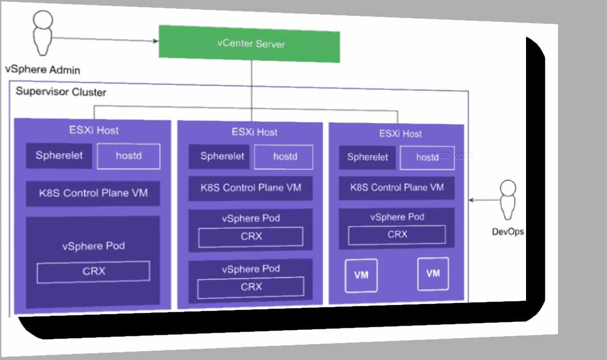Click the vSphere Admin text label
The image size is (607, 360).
[x=42, y=70]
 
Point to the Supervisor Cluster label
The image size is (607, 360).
[x=61, y=92]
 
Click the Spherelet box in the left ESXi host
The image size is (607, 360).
[x=60, y=156]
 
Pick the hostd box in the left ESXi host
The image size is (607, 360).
[x=128, y=157]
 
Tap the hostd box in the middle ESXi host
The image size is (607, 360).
[x=285, y=157]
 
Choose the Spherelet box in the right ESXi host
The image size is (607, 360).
[x=367, y=158]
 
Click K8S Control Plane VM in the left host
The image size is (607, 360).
[x=93, y=193]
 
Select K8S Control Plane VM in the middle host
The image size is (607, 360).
[x=251, y=188]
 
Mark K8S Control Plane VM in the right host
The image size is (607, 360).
[x=397, y=188]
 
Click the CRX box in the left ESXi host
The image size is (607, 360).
[x=93, y=271]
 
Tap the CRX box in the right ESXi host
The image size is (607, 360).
[x=397, y=234]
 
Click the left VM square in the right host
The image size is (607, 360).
[x=361, y=275]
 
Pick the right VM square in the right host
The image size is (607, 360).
[x=433, y=274]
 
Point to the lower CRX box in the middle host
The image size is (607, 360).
[x=250, y=287]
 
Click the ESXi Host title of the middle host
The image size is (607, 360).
[x=255, y=132]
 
